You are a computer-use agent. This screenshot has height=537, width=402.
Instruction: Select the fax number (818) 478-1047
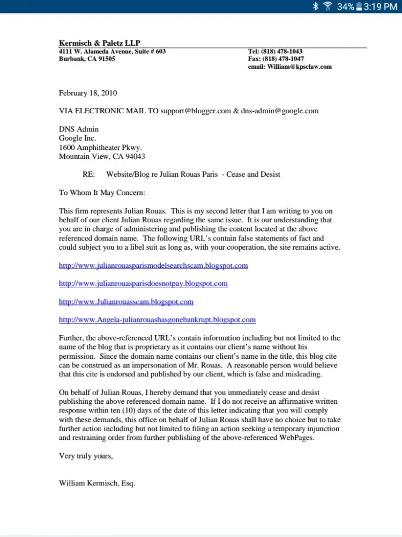tap(283, 59)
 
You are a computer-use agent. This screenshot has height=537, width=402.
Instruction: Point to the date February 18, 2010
tap(88, 93)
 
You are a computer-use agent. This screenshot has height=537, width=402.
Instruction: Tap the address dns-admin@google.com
tap(280, 111)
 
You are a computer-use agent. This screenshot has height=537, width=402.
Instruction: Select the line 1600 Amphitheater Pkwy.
tap(100, 147)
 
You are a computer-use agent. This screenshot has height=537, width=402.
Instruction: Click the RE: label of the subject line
tap(88, 175)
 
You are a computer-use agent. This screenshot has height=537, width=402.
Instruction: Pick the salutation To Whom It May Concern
tap(102, 193)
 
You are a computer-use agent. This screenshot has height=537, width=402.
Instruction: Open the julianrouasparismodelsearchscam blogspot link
tap(153, 265)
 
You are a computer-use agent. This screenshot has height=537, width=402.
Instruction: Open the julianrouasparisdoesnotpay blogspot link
tap(143, 284)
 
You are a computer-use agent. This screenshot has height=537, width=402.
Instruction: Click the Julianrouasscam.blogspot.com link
tap(126, 302)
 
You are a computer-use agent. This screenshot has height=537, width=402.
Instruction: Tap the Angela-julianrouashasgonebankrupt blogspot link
tap(157, 320)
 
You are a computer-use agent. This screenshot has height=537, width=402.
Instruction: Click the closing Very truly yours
tap(86, 456)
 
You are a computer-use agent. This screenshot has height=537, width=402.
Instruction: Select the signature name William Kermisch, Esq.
tap(97, 483)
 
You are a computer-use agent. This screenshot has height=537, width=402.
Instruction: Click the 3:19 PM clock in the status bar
tap(380, 6)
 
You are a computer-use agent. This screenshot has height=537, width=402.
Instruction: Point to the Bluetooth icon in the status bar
tap(316, 6)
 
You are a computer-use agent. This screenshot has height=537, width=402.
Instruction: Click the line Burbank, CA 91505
tap(87, 59)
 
